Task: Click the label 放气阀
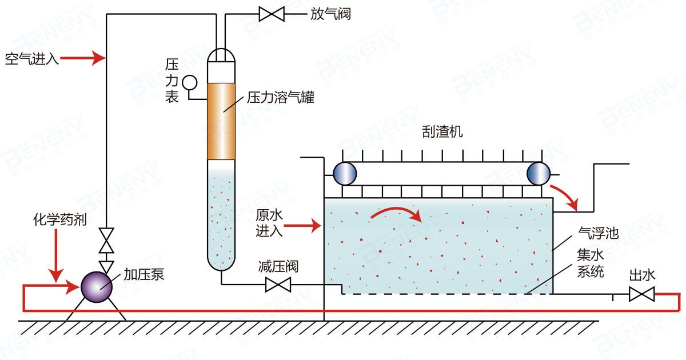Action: tap(330, 14)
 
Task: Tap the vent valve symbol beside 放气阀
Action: tap(272, 13)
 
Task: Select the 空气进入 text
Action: tap(32, 58)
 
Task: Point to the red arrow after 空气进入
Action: tap(83, 58)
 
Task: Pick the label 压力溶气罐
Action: tap(281, 98)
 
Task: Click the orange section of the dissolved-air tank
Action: tap(221, 121)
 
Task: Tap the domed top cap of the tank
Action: tap(221, 55)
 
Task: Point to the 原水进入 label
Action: tap(269, 223)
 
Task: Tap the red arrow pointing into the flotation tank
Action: tap(302, 227)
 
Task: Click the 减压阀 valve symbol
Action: tap(278, 284)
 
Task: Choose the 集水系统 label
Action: tap(591, 265)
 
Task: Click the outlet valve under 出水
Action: tap(641, 294)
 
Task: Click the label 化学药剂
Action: tap(59, 220)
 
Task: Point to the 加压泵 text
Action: tap(144, 274)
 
